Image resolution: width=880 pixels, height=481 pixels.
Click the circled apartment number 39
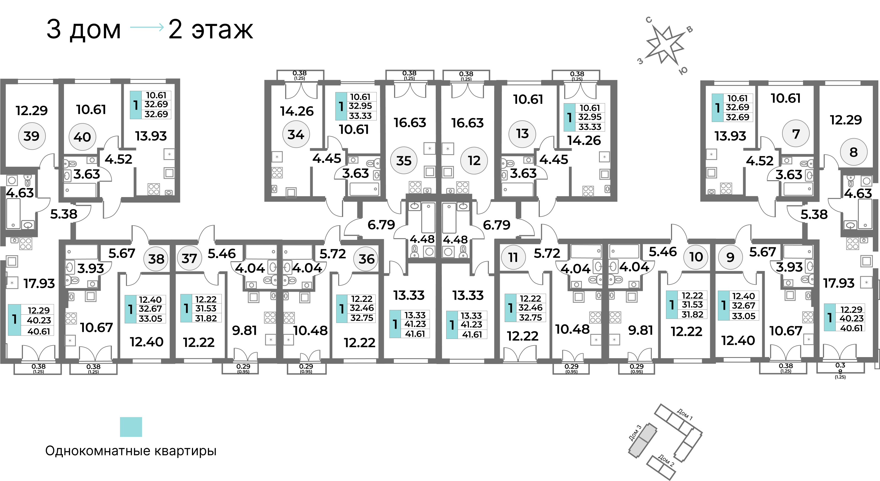click(x=31, y=136)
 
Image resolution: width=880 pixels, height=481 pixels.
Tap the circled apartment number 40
click(x=82, y=137)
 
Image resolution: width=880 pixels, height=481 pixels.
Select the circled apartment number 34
click(x=296, y=134)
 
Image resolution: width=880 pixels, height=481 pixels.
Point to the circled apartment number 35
click(x=403, y=161)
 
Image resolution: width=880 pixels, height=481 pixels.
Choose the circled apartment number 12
click(x=474, y=161)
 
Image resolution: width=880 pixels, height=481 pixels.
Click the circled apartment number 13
click(x=522, y=134)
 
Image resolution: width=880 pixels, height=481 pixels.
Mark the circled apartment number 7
click(x=796, y=134)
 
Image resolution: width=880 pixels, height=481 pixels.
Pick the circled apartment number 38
click(x=156, y=259)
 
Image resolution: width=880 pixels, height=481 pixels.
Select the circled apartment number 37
click(x=189, y=259)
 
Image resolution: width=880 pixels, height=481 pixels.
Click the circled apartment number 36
click(x=367, y=259)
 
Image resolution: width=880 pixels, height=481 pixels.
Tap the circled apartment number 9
click(x=730, y=257)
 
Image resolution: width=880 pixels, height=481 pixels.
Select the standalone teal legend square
click(x=131, y=427)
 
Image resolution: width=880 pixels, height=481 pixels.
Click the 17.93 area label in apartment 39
click(x=39, y=283)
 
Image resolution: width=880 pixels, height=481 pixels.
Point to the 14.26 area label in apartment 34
click(x=296, y=111)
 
